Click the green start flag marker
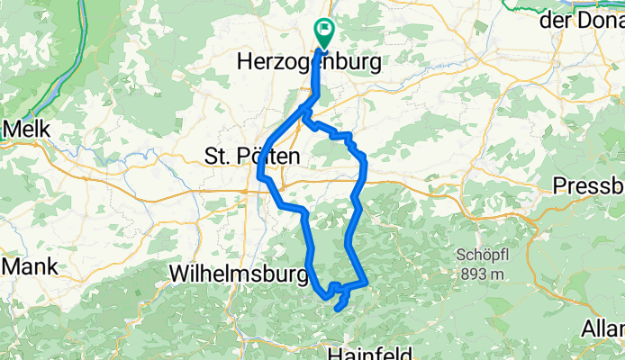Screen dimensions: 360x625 click(x=323, y=31)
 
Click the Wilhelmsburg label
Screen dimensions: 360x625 click(x=238, y=271)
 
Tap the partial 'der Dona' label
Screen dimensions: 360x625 click(x=582, y=22)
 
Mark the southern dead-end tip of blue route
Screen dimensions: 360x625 click(x=337, y=309)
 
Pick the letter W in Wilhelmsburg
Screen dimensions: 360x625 click(x=180, y=271)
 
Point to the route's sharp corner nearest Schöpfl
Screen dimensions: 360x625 click(x=366, y=283)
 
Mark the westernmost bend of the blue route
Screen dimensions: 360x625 click(x=259, y=173)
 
